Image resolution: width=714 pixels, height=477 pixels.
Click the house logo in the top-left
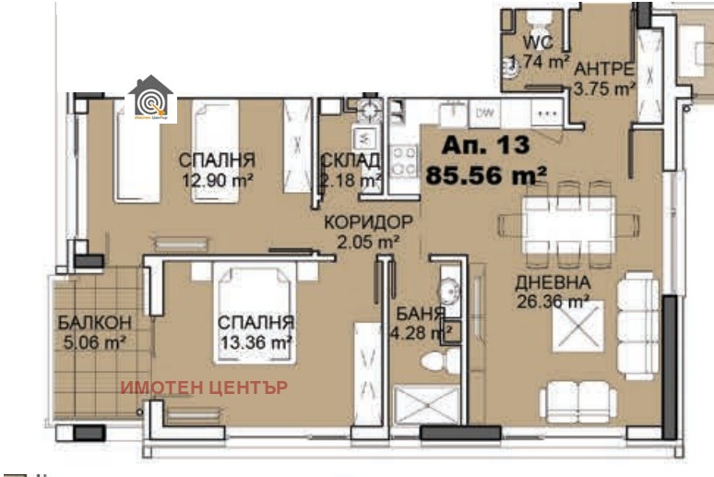click(149, 98)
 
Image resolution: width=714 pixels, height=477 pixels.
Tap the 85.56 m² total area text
click(488, 174)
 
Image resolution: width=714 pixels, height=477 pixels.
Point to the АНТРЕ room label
click(604, 69)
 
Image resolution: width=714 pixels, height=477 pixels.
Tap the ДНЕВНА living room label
click(552, 282)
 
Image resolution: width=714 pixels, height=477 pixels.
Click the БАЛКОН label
click(93, 323)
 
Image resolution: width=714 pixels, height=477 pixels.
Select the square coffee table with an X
click(577, 326)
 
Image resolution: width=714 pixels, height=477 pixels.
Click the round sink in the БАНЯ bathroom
click(447, 291)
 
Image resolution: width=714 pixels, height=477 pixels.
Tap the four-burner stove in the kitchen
click(403, 161)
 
